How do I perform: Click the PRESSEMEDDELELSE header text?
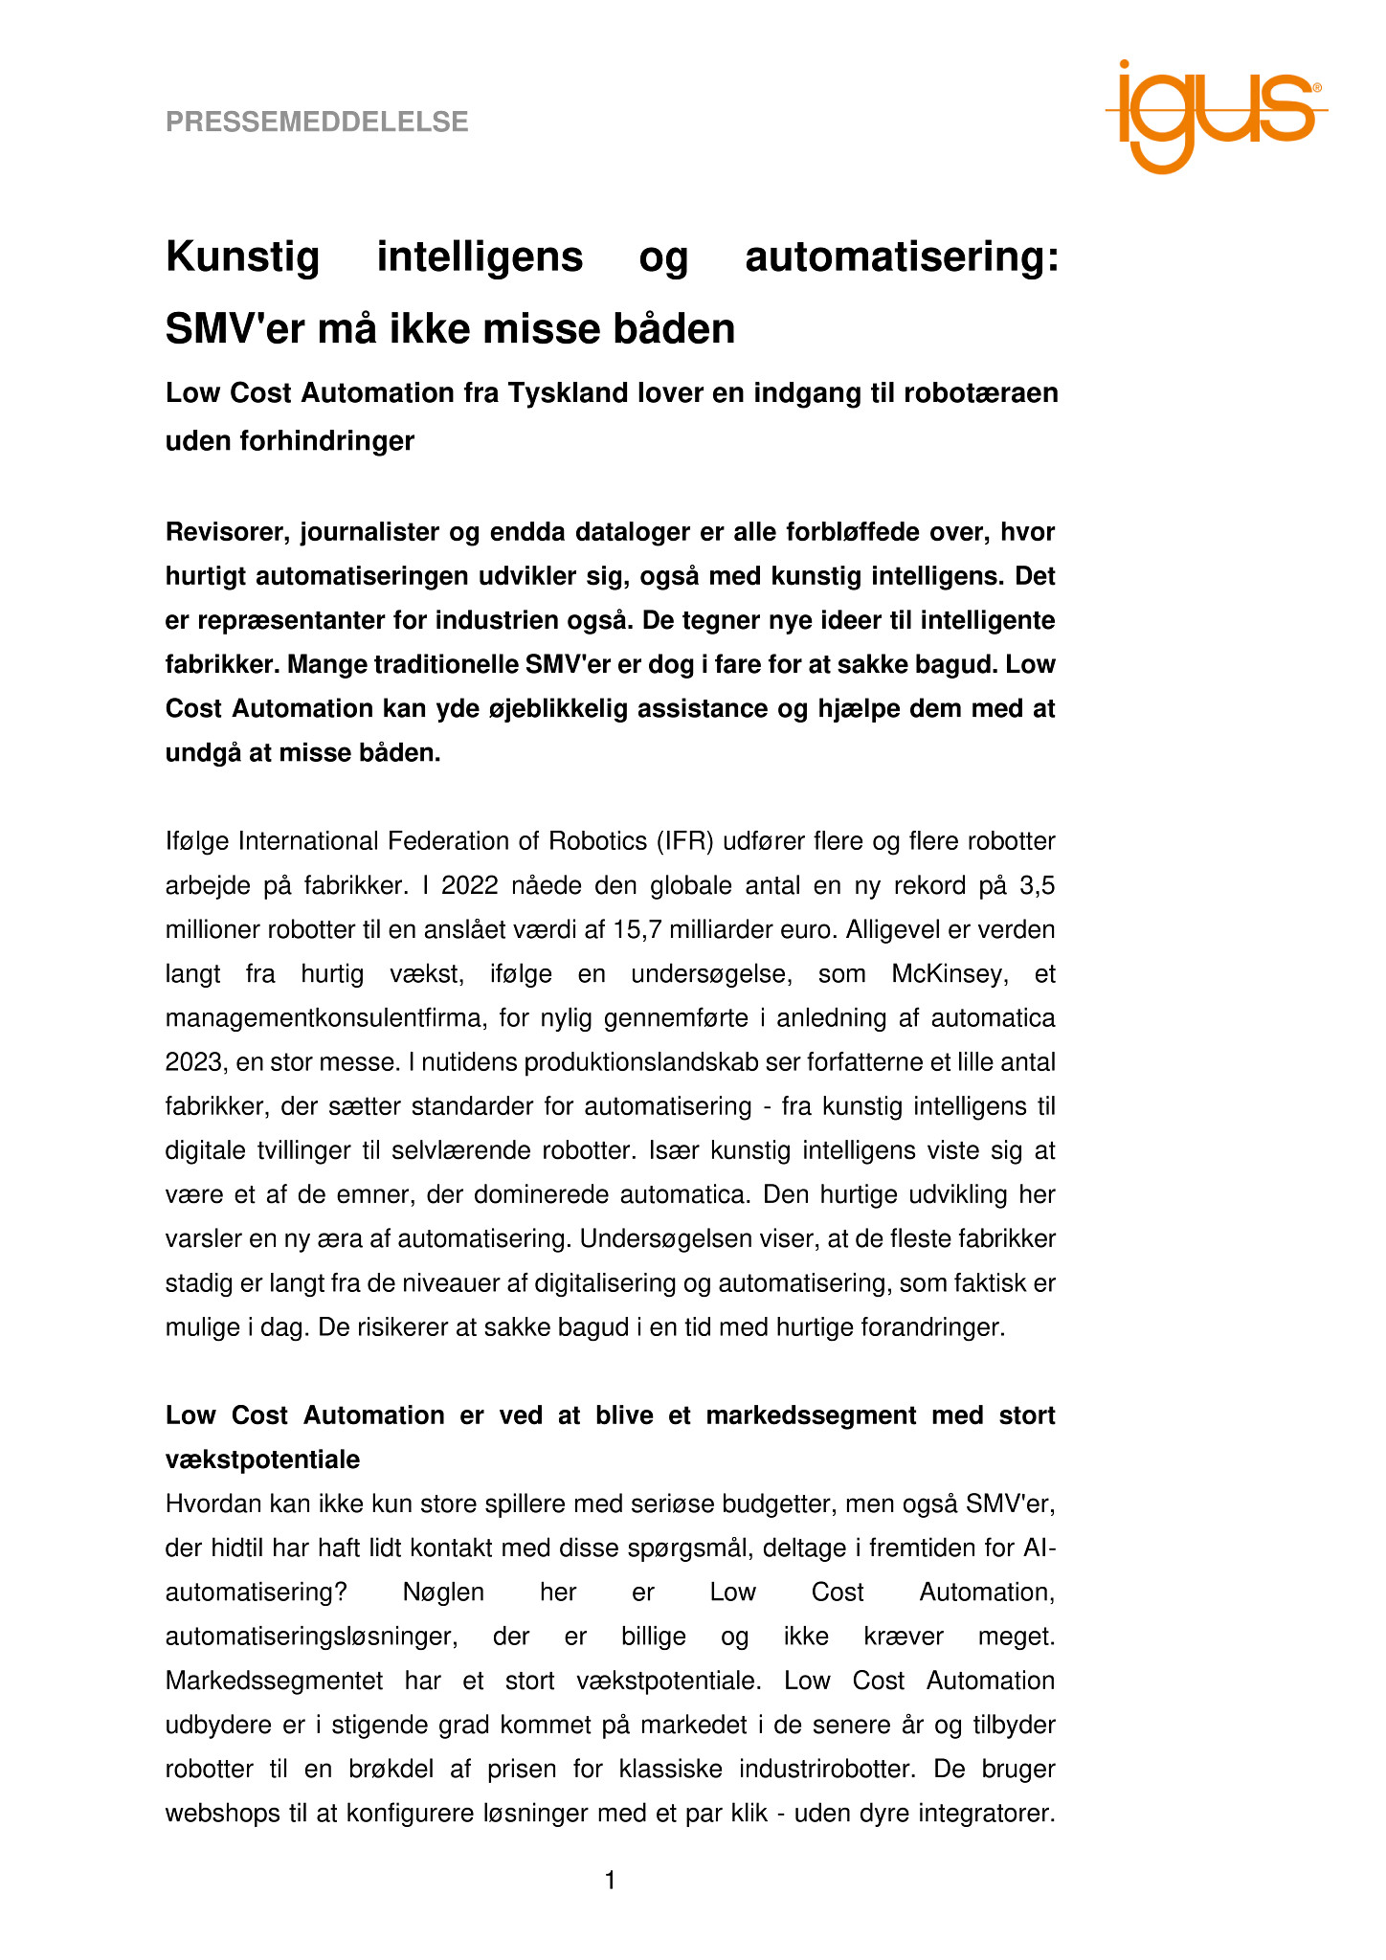pyautogui.click(x=317, y=122)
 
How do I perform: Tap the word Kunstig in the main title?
pyautogui.click(x=242, y=257)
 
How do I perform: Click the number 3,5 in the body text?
pyautogui.click(x=1038, y=885)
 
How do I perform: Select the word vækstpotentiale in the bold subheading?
pyautogui.click(x=263, y=1459)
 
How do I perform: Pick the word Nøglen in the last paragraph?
pyautogui.click(x=443, y=1592)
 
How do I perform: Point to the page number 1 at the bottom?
pyautogui.click(x=610, y=1882)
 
